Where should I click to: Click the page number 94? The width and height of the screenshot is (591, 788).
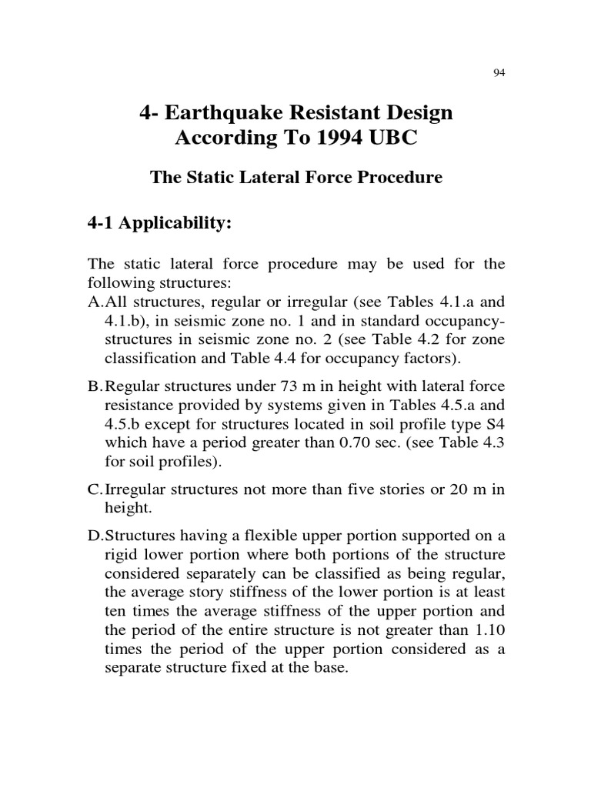(498, 73)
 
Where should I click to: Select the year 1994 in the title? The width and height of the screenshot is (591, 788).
(339, 141)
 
